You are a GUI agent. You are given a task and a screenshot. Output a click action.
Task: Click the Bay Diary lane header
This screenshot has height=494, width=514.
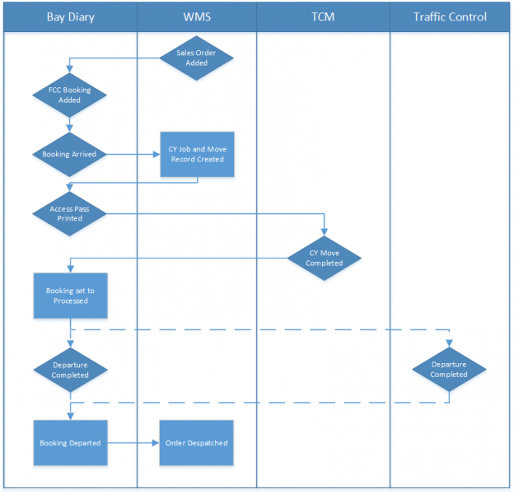[70, 17]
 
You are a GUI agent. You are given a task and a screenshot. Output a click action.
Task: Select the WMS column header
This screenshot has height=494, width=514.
[197, 17]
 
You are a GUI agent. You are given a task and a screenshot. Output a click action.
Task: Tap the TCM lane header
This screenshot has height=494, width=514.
[324, 17]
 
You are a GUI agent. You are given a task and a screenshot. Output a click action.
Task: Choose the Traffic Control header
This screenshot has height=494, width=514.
[450, 17]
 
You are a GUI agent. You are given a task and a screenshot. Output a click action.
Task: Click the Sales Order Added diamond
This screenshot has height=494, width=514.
[197, 57]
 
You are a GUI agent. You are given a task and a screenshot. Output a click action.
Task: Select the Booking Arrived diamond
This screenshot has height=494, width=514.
[70, 154]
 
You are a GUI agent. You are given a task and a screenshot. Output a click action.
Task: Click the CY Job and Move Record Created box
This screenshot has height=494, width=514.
[197, 154]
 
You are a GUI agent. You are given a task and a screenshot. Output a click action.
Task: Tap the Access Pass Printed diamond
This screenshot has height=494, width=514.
[70, 214]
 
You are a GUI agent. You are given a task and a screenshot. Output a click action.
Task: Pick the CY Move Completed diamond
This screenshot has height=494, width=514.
[324, 259]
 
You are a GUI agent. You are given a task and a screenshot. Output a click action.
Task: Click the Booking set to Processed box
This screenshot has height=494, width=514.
[70, 296]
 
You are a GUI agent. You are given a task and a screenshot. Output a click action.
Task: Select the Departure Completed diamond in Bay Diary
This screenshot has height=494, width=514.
[70, 370]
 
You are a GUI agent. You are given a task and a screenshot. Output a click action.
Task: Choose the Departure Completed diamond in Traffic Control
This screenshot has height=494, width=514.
[450, 370]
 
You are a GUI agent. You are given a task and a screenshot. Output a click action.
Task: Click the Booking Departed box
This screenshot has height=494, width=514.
[70, 443]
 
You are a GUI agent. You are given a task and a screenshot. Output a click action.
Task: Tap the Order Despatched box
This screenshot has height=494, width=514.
[197, 443]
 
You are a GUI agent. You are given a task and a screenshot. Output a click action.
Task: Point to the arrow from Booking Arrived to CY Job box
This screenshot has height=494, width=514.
[132, 154]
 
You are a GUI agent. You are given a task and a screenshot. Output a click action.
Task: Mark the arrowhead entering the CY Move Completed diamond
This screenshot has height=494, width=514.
[324, 231]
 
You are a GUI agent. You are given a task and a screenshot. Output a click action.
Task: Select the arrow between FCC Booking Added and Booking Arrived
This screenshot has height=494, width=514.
[70, 125]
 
